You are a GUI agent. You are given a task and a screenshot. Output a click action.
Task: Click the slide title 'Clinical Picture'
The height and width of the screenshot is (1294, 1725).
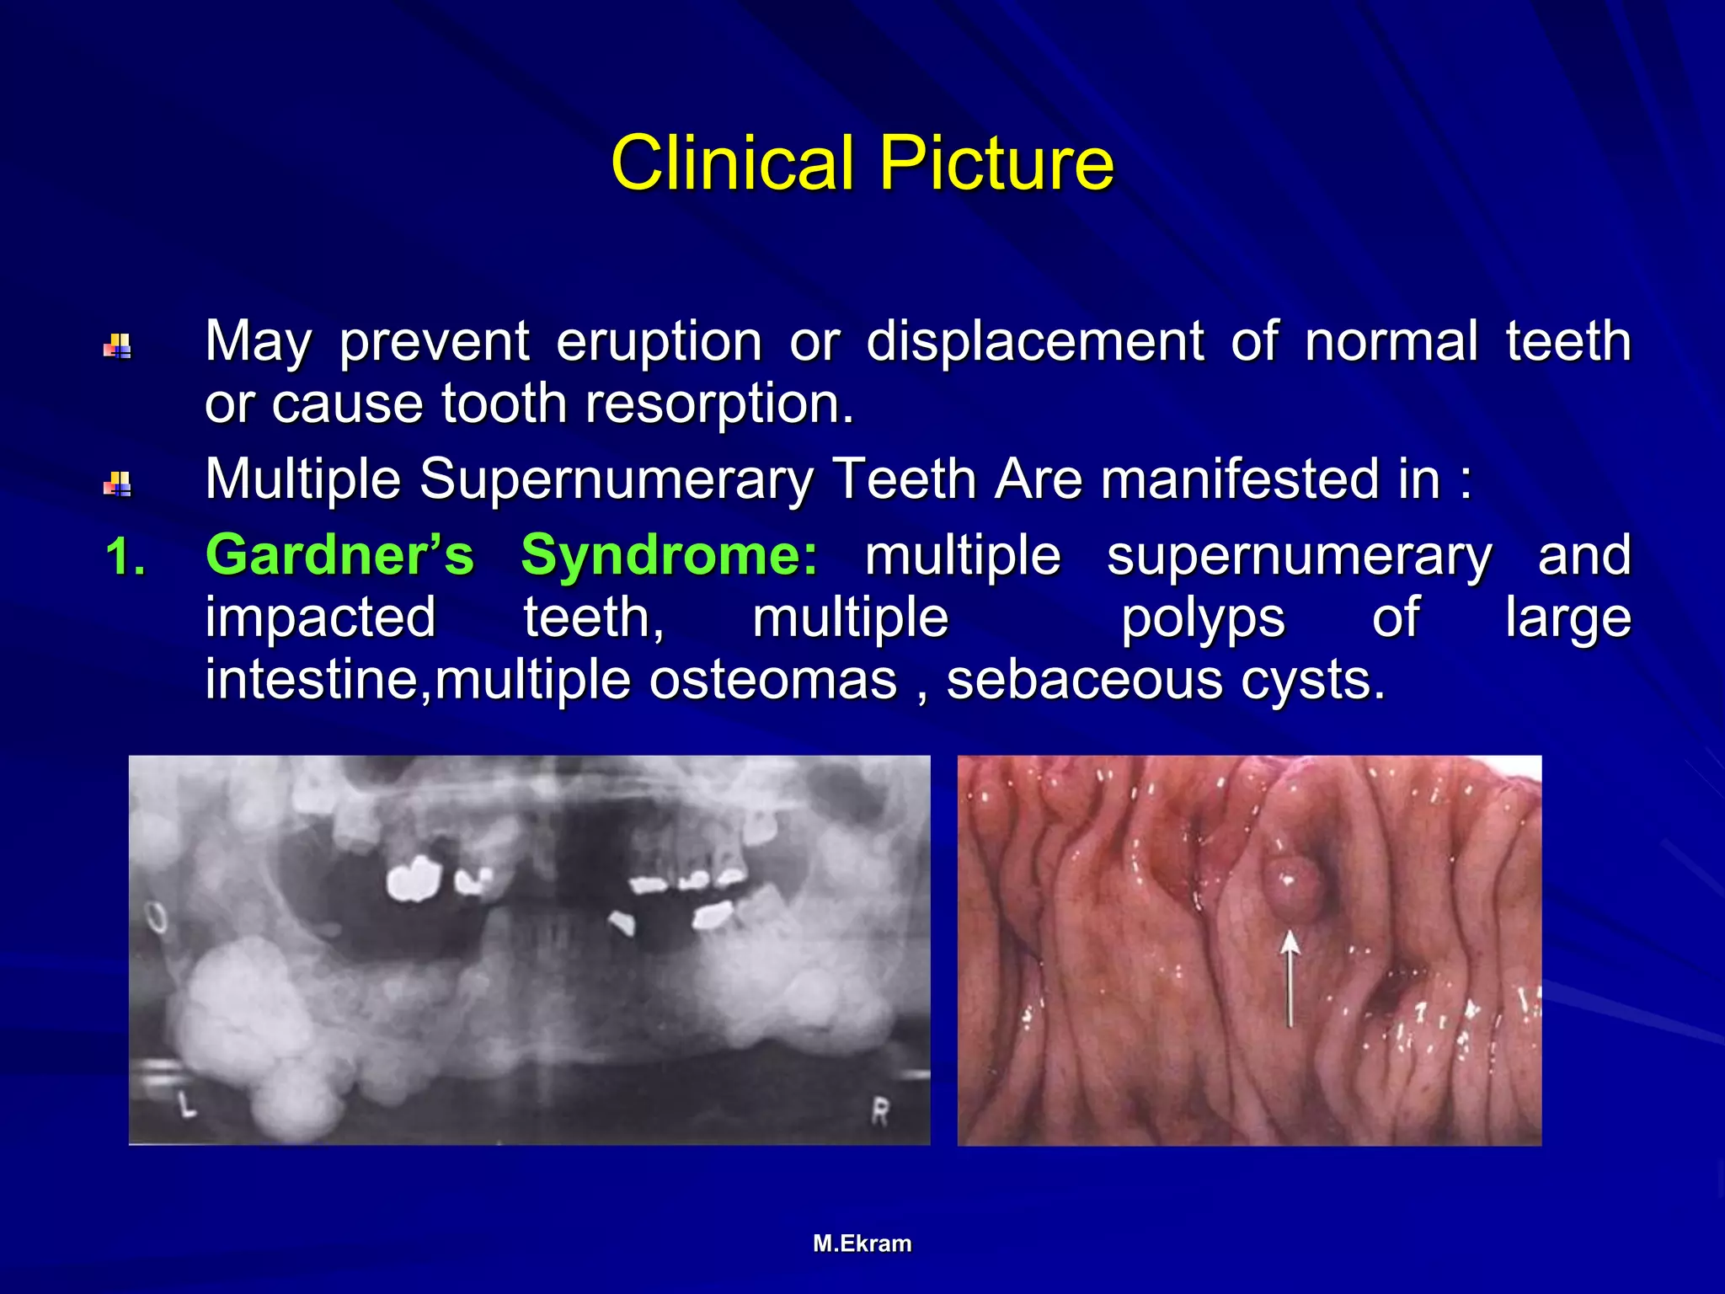point(862,163)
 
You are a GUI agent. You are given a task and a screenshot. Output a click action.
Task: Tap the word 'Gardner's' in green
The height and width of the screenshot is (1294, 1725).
point(339,556)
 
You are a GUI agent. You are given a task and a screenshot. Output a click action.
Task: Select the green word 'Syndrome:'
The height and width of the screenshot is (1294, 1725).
point(669,556)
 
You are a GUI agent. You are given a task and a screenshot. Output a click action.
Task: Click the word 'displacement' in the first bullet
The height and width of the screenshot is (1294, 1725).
point(1035,341)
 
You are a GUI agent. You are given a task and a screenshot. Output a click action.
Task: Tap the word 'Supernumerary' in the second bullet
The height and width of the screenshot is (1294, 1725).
point(617,479)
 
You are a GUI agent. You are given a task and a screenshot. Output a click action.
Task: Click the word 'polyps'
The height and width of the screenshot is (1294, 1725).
point(1202,619)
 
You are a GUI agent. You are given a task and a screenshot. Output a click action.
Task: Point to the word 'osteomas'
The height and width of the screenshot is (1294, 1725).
point(772,680)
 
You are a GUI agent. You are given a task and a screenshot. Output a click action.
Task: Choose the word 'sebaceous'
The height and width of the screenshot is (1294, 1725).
point(1084,680)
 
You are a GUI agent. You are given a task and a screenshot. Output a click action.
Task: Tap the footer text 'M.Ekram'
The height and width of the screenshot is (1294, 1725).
point(862,1243)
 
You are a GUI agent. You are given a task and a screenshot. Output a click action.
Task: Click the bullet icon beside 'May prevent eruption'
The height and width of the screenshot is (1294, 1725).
point(117,346)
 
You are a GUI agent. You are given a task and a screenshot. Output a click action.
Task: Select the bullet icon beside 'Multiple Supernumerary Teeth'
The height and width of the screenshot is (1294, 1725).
point(117,484)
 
